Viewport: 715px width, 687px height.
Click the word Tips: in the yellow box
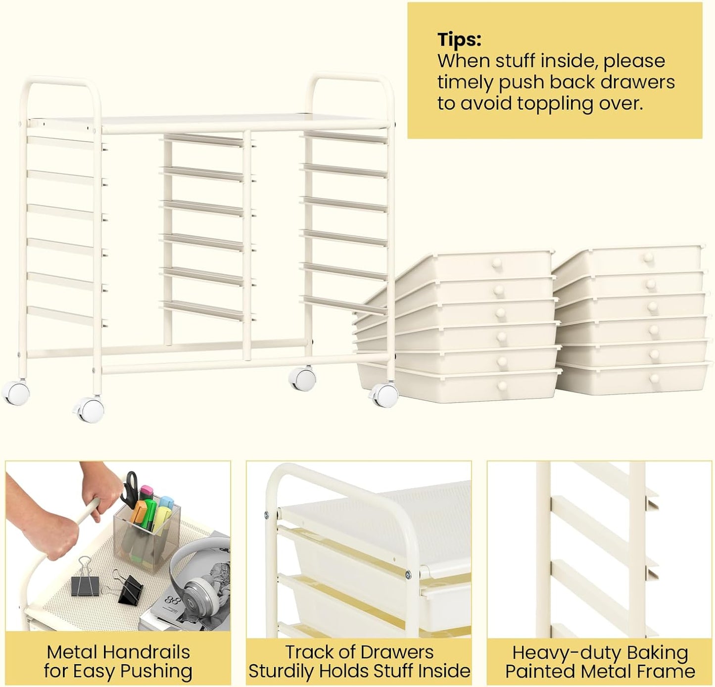point(459,40)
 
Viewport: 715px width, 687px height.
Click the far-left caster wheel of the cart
point(15,392)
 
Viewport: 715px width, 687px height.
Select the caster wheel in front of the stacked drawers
point(384,395)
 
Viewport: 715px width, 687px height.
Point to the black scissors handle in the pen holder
point(131,488)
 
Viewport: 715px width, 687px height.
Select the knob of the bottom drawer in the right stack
point(655,379)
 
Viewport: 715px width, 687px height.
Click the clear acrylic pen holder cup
point(146,535)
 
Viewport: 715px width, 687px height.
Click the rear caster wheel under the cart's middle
point(302,380)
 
